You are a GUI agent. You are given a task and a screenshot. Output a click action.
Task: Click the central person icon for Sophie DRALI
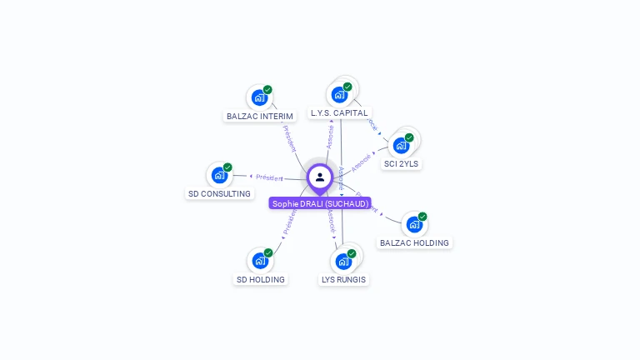pyautogui.click(x=320, y=177)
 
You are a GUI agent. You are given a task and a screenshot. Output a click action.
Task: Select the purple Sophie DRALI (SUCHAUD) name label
pyautogui.click(x=320, y=203)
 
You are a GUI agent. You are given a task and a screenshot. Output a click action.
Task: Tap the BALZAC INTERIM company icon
pyautogui.click(x=259, y=97)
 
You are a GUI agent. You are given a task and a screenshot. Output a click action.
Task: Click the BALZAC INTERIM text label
pyautogui.click(x=260, y=117)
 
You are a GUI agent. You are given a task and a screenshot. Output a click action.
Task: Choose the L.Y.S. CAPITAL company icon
pyautogui.click(x=339, y=94)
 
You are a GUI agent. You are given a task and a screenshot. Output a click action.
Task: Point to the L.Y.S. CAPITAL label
pyautogui.click(x=339, y=112)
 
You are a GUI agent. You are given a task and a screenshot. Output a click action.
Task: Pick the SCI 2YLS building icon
pyautogui.click(x=401, y=146)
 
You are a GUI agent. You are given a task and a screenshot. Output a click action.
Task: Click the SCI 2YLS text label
pyautogui.click(x=402, y=164)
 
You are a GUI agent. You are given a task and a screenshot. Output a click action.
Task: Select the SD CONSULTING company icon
pyautogui.click(x=219, y=175)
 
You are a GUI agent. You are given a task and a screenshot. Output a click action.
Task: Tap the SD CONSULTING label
pyautogui.click(x=219, y=194)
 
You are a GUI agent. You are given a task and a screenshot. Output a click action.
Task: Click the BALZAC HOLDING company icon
pyautogui.click(x=414, y=224)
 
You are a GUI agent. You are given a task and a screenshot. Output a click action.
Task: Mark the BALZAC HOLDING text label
pyautogui.click(x=414, y=243)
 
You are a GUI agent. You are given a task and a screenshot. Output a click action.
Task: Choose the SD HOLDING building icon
pyautogui.click(x=260, y=261)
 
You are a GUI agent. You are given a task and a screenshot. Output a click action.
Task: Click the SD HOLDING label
pyautogui.click(x=261, y=280)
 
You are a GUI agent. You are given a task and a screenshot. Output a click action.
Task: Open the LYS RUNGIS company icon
pyautogui.click(x=343, y=261)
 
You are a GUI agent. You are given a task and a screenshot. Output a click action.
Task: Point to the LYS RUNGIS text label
pyautogui.click(x=344, y=280)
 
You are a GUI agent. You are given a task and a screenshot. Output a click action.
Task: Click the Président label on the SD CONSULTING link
pyautogui.click(x=269, y=177)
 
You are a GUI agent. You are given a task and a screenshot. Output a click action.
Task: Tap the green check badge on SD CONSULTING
pyautogui.click(x=227, y=167)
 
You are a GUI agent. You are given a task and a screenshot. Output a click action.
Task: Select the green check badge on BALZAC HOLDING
pyautogui.click(x=422, y=217)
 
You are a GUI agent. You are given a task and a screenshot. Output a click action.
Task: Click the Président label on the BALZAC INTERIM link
pyautogui.click(x=289, y=137)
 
